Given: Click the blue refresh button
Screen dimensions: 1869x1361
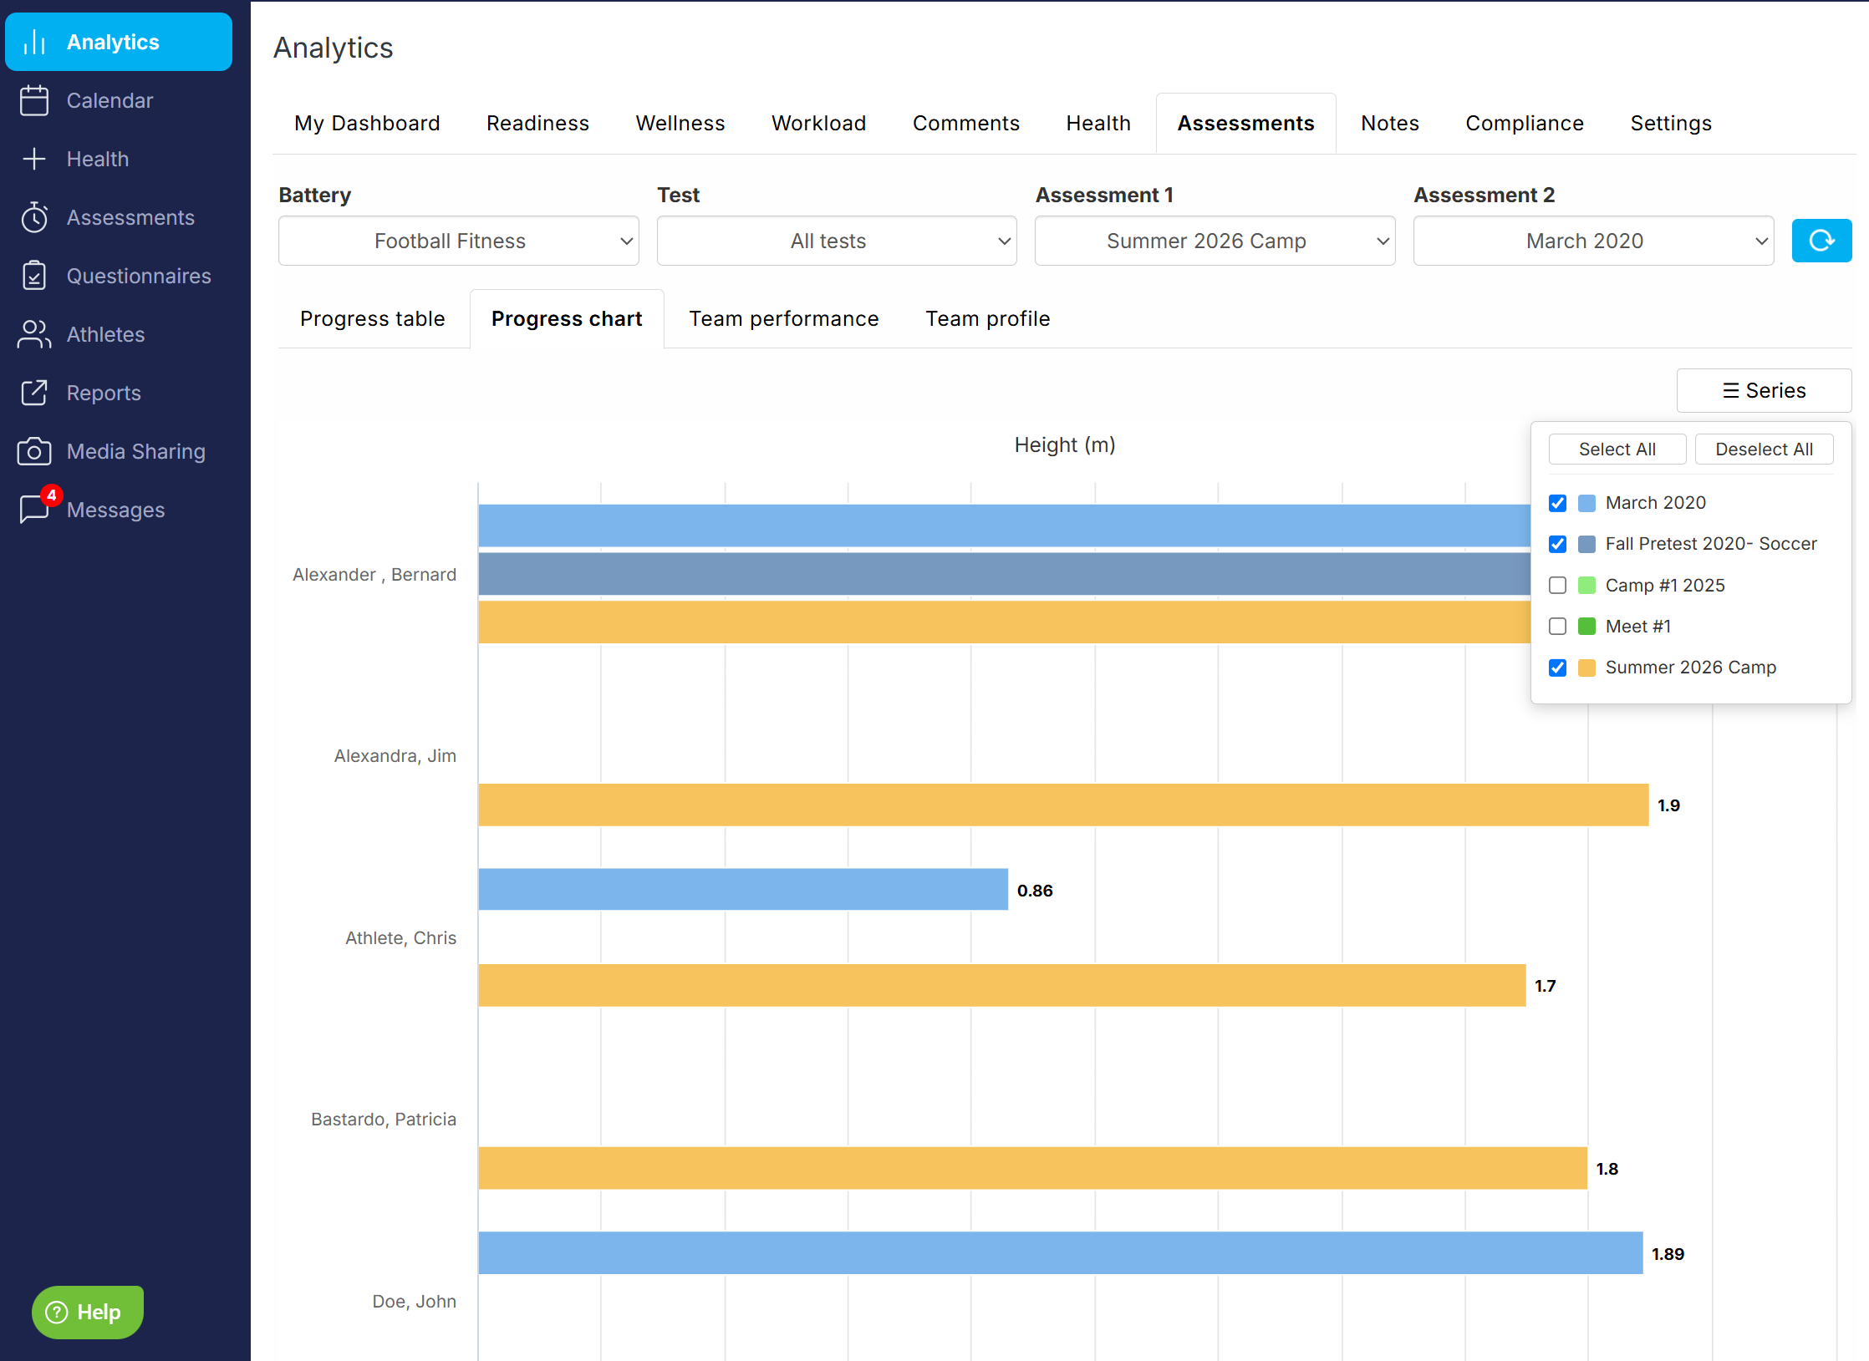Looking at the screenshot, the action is (x=1821, y=241).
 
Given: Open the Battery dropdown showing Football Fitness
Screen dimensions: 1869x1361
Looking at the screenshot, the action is (x=458, y=241).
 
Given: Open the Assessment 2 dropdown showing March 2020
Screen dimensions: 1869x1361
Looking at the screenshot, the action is (x=1593, y=241).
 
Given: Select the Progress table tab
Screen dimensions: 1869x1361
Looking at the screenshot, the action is (x=373, y=318).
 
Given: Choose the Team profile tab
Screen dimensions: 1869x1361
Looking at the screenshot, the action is (x=987, y=318).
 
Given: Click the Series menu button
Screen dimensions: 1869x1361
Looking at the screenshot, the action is (x=1764, y=390).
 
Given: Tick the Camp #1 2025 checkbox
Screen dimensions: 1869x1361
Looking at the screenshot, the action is (x=1557, y=585).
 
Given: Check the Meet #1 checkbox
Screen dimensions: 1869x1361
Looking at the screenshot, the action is (x=1557, y=626).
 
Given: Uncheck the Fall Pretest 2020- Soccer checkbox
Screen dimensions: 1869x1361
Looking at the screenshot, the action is (x=1557, y=544).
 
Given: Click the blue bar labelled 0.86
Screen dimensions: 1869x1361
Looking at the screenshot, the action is (x=743, y=889).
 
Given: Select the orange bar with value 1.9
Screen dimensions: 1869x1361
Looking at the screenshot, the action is (x=1063, y=805).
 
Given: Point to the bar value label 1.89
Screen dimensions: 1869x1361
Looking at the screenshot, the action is (x=1668, y=1253).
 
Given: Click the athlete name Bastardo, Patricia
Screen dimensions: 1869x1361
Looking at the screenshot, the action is (x=384, y=1119).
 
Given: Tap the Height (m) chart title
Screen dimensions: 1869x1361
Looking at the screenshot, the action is (x=1065, y=444).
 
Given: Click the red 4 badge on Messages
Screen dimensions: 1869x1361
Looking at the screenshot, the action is (x=52, y=495).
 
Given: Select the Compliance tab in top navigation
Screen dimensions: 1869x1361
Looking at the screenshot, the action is (x=1524, y=123).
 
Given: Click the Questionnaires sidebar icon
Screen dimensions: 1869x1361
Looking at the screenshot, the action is (x=34, y=276).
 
